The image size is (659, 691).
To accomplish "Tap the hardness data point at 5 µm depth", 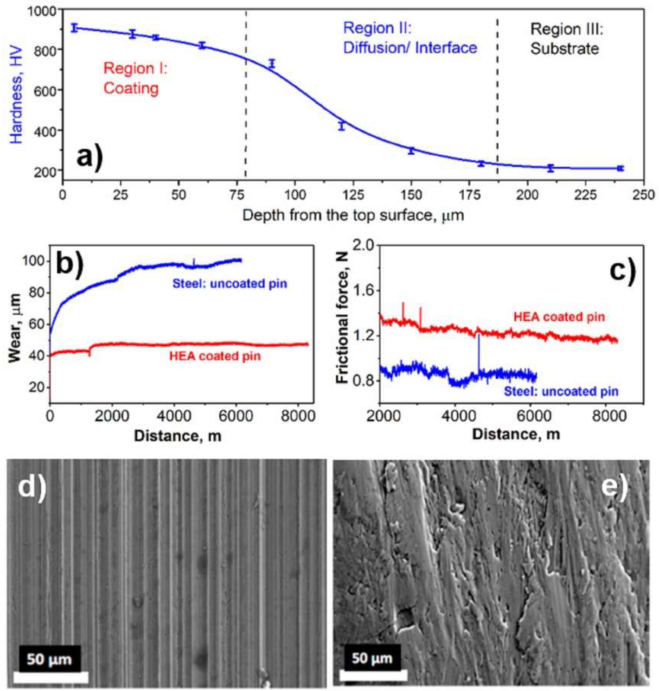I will [74, 28].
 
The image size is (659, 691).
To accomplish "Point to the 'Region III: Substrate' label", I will [566, 39].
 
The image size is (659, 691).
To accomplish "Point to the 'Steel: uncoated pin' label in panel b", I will [229, 284].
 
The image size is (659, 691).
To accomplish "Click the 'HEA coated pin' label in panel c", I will [559, 317].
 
